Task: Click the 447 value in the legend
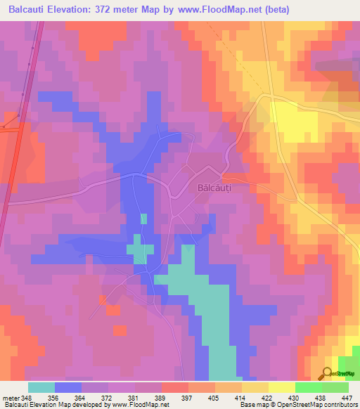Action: [348, 397]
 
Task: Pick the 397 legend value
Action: [188, 397]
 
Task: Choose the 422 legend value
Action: [268, 397]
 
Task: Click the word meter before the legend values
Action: [11, 397]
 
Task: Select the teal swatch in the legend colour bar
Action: [41, 387]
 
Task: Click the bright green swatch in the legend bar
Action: [308, 387]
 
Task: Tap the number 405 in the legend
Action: [214, 397]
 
